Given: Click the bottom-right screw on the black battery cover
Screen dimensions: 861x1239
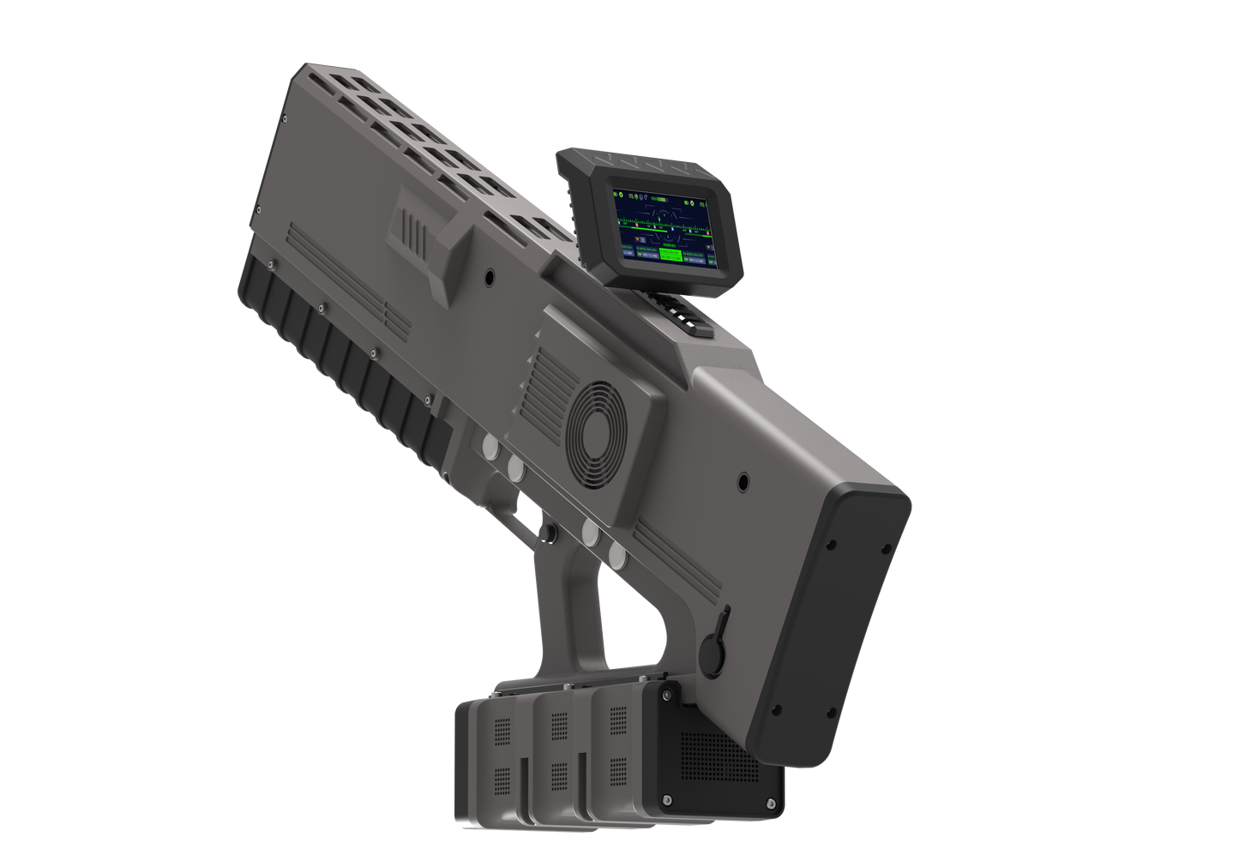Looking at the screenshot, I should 771,803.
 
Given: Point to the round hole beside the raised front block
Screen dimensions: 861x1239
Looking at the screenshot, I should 490,277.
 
